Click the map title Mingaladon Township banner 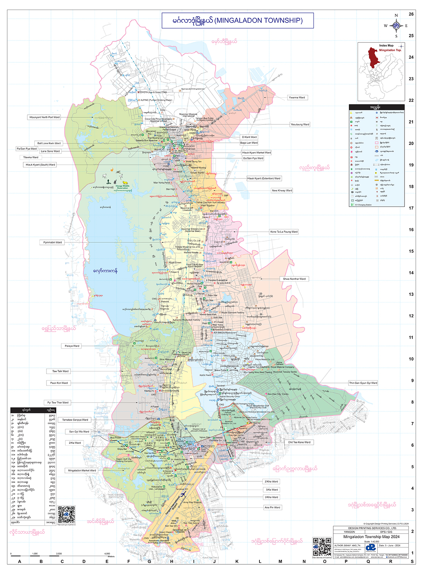tap(237, 21)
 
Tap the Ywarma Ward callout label tap(297, 98)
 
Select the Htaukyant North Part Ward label tap(44, 117)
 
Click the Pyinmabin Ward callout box tap(52, 242)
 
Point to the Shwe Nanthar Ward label tap(294, 279)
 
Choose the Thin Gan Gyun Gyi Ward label tap(363, 383)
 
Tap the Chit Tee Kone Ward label tap(299, 442)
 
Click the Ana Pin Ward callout tap(272, 508)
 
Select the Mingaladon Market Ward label tap(82, 471)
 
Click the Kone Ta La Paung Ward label tap(284, 232)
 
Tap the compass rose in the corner tap(396, 26)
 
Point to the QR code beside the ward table tap(66, 515)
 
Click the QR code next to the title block tap(322, 547)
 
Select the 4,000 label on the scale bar tap(107, 554)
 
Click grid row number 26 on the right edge tap(411, 14)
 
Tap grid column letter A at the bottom tap(20, 561)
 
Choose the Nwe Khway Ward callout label tap(282, 191)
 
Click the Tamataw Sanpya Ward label tap(75, 420)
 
